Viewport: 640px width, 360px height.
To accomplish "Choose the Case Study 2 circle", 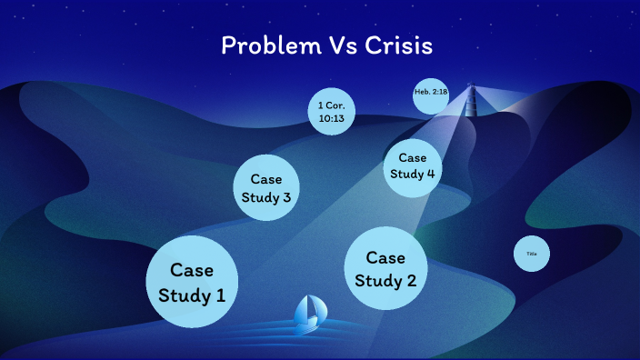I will tap(385, 268).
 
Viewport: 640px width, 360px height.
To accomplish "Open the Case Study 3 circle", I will tap(267, 188).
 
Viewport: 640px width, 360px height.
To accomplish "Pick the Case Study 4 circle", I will tap(413, 166).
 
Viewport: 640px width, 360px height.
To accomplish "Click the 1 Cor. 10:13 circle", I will tap(331, 112).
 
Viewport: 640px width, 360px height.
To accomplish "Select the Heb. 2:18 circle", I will tap(430, 95).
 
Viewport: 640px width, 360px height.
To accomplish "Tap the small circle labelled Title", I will tap(532, 254).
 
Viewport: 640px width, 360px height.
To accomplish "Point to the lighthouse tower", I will tap(471, 103).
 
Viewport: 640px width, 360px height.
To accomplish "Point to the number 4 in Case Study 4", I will tap(430, 175).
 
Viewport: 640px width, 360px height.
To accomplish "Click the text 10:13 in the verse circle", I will tap(331, 119).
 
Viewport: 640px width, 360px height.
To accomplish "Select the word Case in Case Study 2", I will tap(385, 257).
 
